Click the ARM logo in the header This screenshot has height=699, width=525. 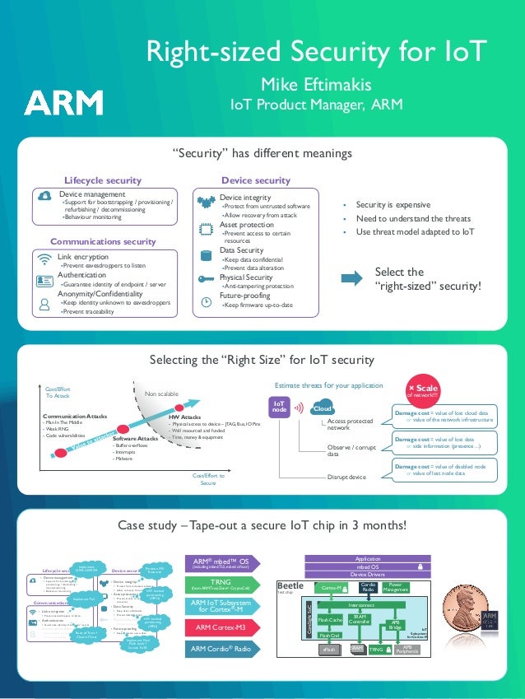63,103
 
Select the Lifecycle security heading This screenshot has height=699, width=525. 103,180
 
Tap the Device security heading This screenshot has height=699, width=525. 256,180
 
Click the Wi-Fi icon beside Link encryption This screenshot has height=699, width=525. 44,259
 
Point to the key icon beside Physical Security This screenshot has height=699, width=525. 207,278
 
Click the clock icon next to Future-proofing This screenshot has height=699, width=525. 206,301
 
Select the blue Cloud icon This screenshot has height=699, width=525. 322,409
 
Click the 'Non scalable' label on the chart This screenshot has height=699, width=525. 161,394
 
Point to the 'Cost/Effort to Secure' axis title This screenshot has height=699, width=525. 208,479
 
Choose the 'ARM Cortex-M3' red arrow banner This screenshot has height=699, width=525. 218,627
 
